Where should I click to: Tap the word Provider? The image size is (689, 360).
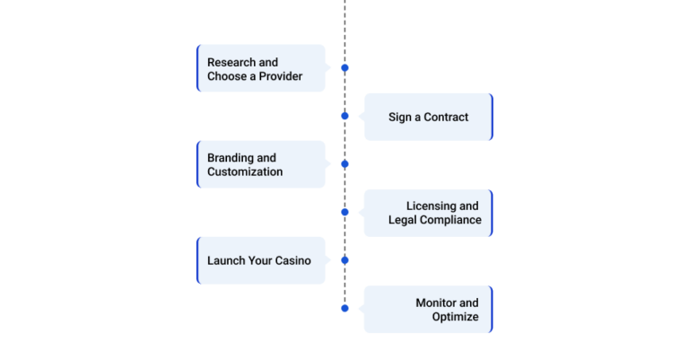(280, 76)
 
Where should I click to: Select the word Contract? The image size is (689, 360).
(446, 118)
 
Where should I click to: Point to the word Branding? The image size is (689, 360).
(231, 158)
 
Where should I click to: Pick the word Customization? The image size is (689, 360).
(245, 171)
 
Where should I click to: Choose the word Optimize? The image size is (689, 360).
(455, 317)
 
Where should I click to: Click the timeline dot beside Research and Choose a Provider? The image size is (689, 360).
(344, 67)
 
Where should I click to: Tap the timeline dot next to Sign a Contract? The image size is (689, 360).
(344, 116)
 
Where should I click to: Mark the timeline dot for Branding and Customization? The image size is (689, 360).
(344, 164)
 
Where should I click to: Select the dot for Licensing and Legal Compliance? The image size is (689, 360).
(344, 212)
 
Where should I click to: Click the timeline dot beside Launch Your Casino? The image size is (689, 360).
(344, 260)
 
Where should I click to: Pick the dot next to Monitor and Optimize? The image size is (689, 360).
(344, 309)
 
